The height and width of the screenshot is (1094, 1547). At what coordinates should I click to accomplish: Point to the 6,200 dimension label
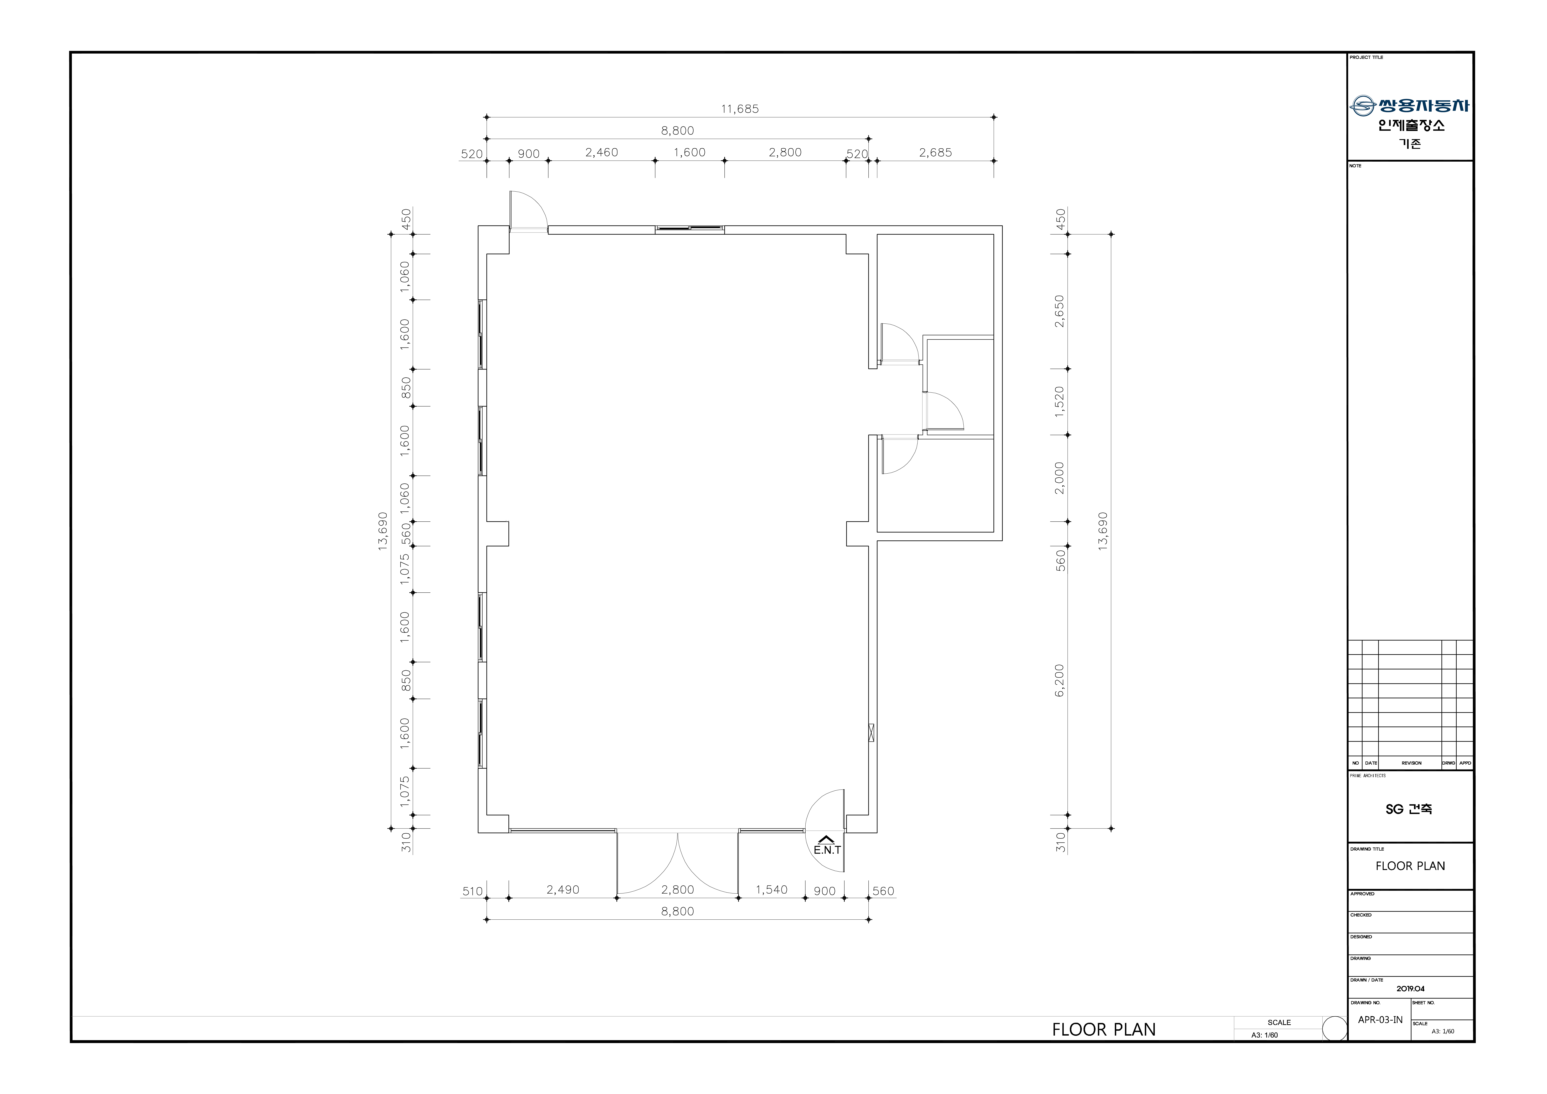click(x=1060, y=680)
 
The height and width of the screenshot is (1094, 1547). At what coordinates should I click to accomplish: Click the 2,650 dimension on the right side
click(x=1060, y=311)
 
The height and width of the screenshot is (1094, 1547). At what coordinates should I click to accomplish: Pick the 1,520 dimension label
click(x=1060, y=402)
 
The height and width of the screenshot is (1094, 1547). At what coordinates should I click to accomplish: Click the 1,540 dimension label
click(x=771, y=890)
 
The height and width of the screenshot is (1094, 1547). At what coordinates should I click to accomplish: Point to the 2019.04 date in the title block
click(x=1410, y=989)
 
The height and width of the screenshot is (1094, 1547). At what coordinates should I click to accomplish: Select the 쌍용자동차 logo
click(x=1410, y=106)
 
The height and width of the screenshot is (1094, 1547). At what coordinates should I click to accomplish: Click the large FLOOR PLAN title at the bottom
click(x=1104, y=1030)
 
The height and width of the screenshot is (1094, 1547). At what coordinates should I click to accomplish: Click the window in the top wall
click(x=690, y=230)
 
